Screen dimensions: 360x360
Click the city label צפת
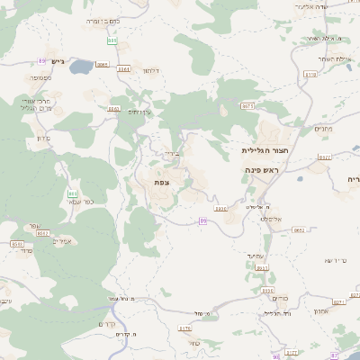coord(162,183)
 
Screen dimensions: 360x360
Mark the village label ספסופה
coord(40,77)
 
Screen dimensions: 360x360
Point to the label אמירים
coord(62,240)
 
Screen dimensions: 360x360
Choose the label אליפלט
coord(272,219)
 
